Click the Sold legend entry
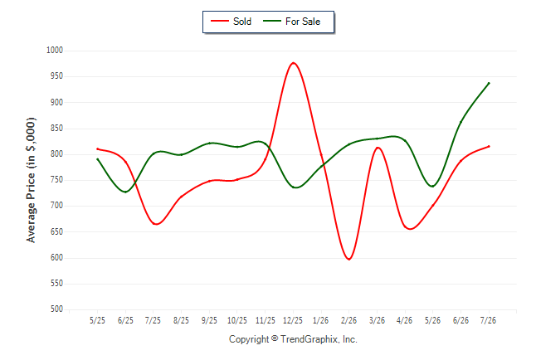[231, 22]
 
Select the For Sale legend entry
[291, 22]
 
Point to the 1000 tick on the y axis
[55, 51]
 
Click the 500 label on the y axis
[56, 309]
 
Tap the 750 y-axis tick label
[56, 180]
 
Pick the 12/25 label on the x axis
[293, 320]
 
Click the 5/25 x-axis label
[97, 320]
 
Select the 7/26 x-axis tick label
[488, 320]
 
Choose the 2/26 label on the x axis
[348, 320]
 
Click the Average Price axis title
[31, 180]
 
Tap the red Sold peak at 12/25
[293, 63]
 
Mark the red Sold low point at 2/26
[348, 259]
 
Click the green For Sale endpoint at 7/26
[489, 83]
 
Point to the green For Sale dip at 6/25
[125, 192]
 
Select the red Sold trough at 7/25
[156, 224]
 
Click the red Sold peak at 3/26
[378, 148]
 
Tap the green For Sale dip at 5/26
[433, 187]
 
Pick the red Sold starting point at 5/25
[97, 149]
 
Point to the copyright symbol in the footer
[275, 338]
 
